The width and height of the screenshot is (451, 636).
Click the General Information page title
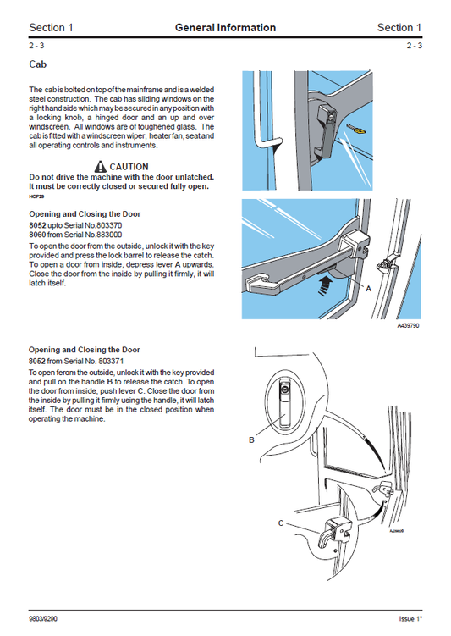point(225,28)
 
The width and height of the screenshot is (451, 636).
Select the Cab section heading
point(38,64)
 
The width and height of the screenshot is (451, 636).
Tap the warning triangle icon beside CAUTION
point(102,167)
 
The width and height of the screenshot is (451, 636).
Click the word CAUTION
point(129,167)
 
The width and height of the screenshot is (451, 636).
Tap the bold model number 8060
point(38,235)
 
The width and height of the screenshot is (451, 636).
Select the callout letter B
point(251,440)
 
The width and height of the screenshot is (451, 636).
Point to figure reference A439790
point(409,324)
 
